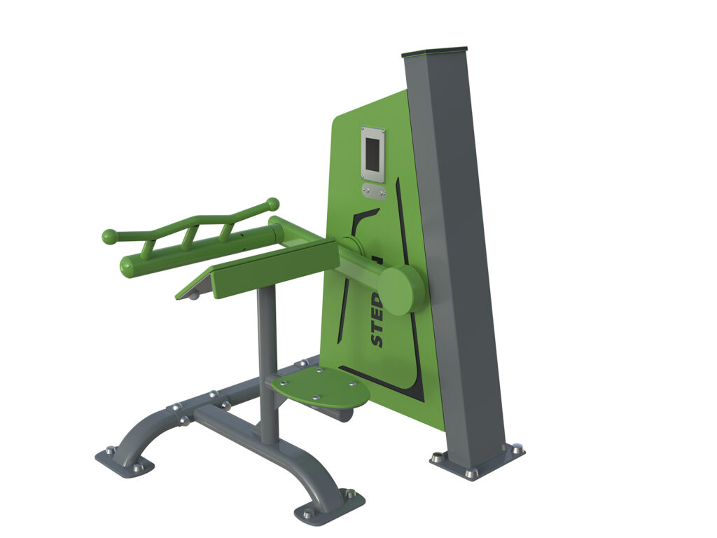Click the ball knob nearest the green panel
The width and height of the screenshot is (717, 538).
click(272, 204)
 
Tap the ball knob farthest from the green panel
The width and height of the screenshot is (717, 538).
click(109, 236)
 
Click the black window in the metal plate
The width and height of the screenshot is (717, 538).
click(373, 153)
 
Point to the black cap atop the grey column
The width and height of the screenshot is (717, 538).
click(434, 51)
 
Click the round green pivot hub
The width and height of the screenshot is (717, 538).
click(401, 289)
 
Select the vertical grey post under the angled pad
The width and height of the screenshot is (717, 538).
click(267, 364)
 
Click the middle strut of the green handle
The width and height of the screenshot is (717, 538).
click(188, 237)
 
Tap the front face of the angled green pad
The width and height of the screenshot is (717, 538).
click(273, 269)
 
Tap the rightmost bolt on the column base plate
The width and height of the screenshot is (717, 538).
click(516, 448)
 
